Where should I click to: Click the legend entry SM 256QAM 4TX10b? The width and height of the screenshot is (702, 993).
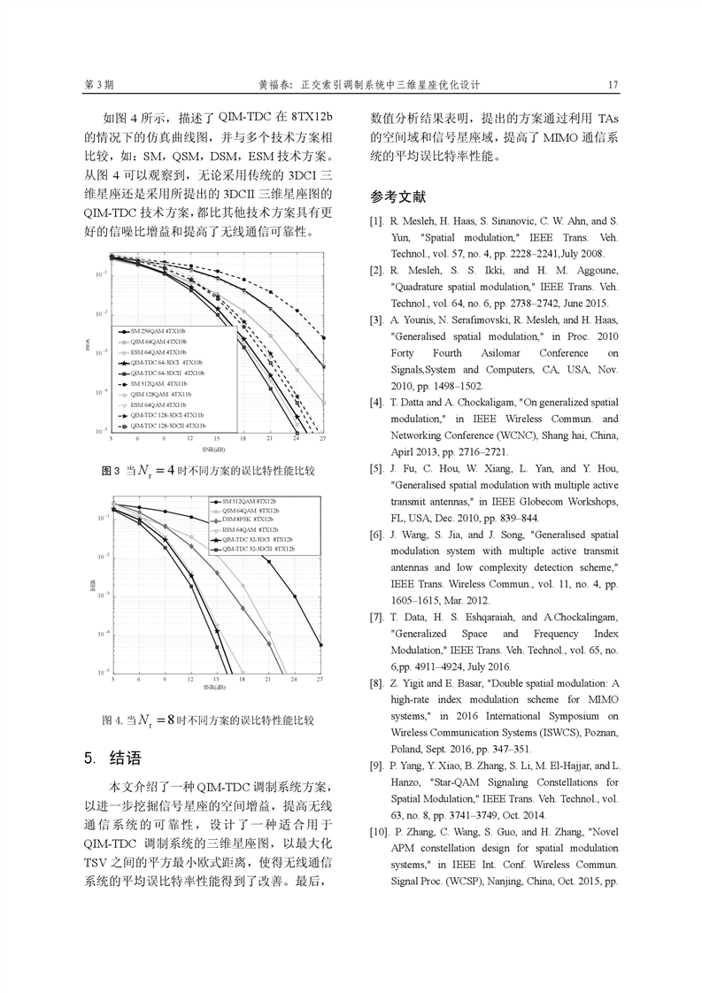pyautogui.click(x=158, y=330)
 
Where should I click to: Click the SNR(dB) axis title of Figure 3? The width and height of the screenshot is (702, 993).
pyautogui.click(x=213, y=450)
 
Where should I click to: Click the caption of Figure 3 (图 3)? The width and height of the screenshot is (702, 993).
pyautogui.click(x=208, y=470)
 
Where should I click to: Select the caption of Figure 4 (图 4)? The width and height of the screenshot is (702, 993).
pyautogui.click(x=208, y=720)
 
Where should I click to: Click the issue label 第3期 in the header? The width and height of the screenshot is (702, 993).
pyautogui.click(x=98, y=86)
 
